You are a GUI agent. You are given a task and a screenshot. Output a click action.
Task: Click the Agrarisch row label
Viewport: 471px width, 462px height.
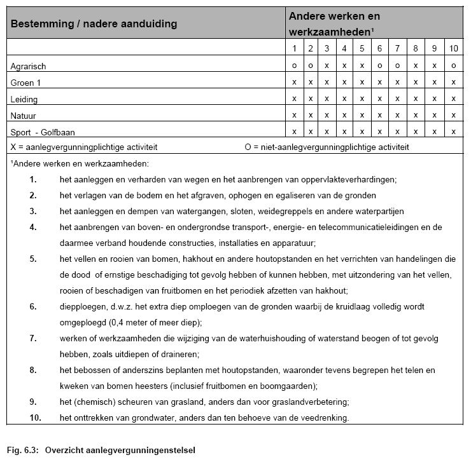28,66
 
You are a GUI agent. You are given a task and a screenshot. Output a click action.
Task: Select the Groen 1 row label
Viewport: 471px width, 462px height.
25,83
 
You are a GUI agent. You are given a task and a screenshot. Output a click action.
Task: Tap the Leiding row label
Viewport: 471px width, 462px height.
24,99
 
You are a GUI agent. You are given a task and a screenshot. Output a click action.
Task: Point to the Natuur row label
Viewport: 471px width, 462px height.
24,115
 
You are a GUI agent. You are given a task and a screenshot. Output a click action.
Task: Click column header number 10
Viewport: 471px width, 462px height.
453,48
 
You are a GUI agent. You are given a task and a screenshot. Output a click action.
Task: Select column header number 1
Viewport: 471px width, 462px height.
294,48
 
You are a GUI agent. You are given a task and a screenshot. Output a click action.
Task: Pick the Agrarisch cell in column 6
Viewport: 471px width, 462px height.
379,65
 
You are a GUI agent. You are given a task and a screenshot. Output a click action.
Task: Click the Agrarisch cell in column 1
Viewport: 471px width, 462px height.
294,65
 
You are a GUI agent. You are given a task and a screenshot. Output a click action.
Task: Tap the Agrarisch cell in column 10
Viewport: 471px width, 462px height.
453,65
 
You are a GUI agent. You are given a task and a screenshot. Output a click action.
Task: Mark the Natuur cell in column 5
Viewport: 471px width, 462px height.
362,115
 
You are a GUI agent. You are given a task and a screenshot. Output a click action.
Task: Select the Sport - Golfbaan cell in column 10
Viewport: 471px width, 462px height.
453,132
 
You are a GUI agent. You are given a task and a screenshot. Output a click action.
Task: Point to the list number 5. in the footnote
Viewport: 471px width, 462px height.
33,259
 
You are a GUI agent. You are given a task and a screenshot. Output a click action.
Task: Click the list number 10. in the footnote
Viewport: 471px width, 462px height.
36,418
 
